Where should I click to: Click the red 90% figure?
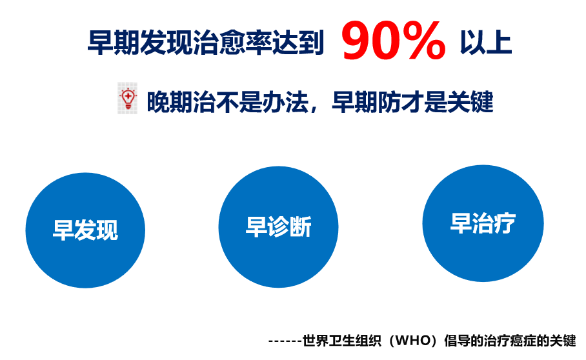click(393, 41)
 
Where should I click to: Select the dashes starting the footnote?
click(285, 340)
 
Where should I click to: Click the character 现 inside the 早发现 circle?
click(107, 230)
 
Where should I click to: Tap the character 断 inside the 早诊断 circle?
click(300, 227)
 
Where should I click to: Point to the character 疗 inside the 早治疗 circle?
click(504, 223)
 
